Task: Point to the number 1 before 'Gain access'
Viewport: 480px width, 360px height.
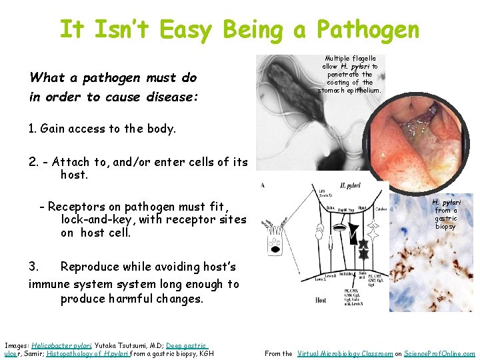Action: tap(31, 129)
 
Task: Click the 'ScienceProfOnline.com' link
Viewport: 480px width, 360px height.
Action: tap(441, 354)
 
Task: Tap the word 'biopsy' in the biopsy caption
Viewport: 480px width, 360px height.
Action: tap(445, 227)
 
